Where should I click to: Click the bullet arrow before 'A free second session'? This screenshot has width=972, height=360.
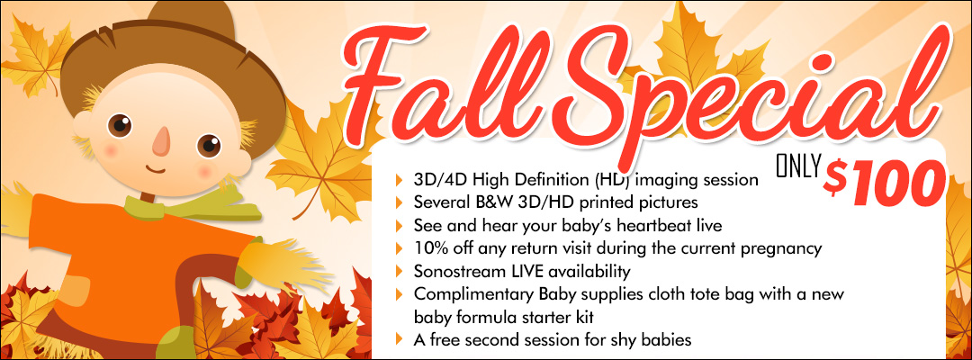pos(399,339)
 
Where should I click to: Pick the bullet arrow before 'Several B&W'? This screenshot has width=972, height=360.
pos(399,202)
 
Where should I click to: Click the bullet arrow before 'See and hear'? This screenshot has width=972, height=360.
pos(399,225)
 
